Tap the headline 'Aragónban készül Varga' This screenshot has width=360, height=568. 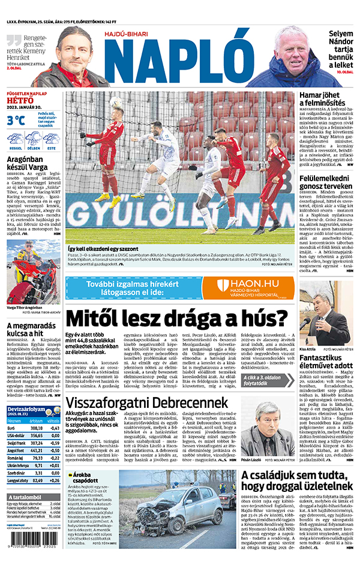[34, 165]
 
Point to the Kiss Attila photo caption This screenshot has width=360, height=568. [307, 348]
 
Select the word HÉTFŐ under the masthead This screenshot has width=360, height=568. [20, 101]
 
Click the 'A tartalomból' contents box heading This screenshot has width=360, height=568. [30, 497]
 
